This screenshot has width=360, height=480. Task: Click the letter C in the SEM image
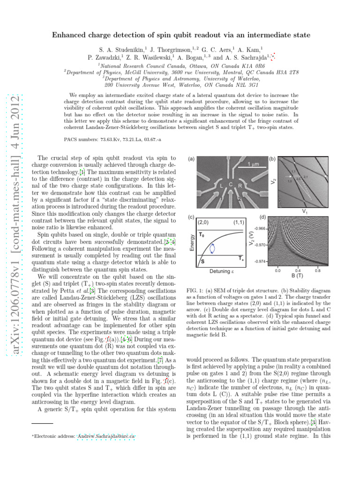click(231, 184)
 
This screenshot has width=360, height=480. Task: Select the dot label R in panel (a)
click(240, 186)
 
